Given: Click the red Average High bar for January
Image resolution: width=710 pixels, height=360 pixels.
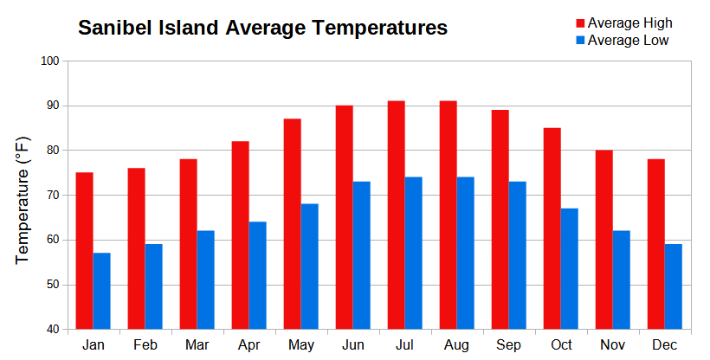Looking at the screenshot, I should pyautogui.click(x=84, y=251).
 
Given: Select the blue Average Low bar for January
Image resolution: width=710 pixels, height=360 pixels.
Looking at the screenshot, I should pyautogui.click(x=101, y=291).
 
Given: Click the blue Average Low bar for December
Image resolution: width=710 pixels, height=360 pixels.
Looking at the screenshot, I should pyautogui.click(x=673, y=286).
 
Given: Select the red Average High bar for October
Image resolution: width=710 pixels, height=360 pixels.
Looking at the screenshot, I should pyautogui.click(x=552, y=228).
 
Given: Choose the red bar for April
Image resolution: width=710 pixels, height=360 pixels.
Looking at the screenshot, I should pyautogui.click(x=240, y=235).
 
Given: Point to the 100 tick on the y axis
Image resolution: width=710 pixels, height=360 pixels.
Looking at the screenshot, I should pyautogui.click(x=49, y=61).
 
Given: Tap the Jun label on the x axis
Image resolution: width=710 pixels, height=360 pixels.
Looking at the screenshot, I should pyautogui.click(x=352, y=344).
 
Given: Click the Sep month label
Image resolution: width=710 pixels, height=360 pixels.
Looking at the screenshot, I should pyautogui.click(x=508, y=344).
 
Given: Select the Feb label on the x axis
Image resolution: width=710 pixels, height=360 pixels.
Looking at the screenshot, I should pyautogui.click(x=145, y=344).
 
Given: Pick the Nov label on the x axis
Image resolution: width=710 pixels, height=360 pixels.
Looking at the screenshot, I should pyautogui.click(x=612, y=344).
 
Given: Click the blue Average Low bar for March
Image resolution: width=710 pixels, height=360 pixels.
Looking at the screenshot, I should pyautogui.click(x=205, y=280).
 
